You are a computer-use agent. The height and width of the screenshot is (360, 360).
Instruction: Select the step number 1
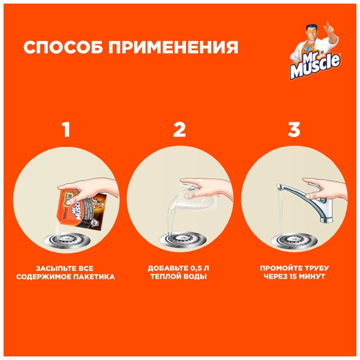pos(66,130)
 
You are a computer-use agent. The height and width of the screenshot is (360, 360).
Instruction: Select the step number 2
pos(180,130)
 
